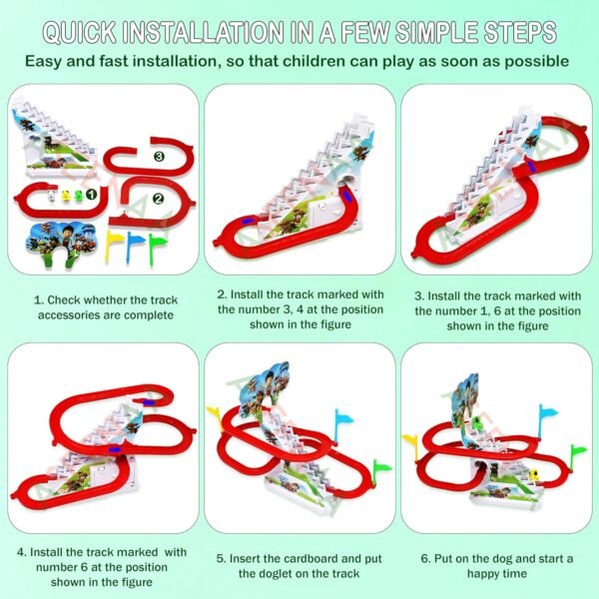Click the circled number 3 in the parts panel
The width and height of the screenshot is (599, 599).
(160, 157)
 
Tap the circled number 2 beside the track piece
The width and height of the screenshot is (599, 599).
(158, 199)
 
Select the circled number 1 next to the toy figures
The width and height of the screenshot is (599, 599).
(91, 195)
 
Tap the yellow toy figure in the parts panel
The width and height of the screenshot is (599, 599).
(66, 196)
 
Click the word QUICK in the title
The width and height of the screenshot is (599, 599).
(80, 32)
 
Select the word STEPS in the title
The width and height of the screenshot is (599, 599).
(520, 32)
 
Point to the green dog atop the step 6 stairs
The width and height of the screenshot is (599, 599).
(477, 423)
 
